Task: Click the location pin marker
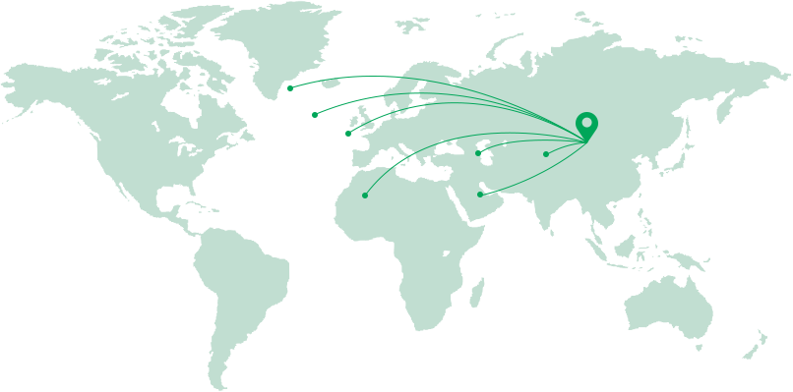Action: pos(586,126)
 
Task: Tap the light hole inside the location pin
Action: pos(586,123)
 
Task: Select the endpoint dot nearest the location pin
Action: pos(546,154)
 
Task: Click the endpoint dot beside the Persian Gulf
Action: pos(480,195)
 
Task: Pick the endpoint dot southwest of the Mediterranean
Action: pos(365,196)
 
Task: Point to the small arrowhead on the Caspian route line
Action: pos(504,143)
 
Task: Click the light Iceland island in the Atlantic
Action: pos(331,84)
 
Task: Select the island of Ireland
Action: pos(353,122)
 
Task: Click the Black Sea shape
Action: pos(449,149)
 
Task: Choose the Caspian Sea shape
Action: pos(484,151)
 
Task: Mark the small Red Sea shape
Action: pos(451,191)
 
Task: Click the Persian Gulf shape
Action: pos(486,188)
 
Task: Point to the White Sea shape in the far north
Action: pos(457,79)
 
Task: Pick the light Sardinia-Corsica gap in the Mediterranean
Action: pos(392,157)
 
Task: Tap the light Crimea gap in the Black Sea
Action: pos(449,144)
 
